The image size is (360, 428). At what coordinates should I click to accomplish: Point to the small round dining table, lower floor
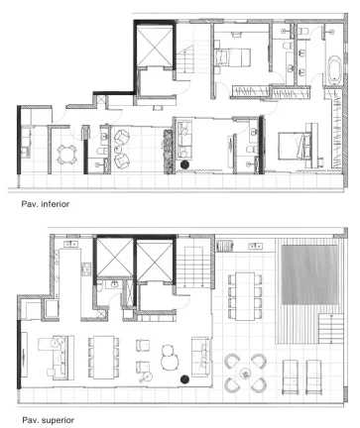pyautogui.click(x=67, y=154)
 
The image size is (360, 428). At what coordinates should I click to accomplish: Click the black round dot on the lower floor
pyautogui.click(x=184, y=165)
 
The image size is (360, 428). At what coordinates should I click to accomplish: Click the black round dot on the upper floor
pyautogui.click(x=184, y=376)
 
